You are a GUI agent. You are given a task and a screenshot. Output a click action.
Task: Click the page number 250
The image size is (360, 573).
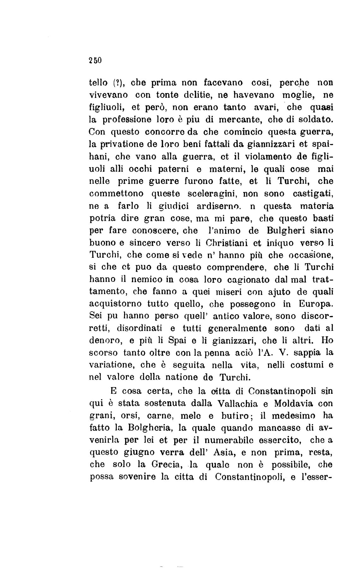click(x=94, y=60)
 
